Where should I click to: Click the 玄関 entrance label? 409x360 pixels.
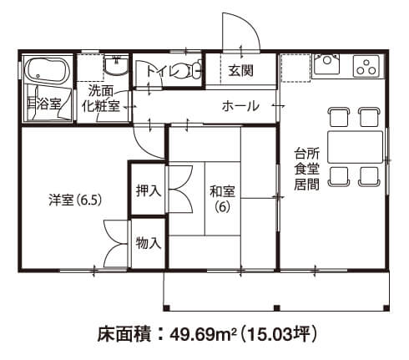click(x=241, y=70)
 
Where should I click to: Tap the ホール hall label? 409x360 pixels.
click(x=240, y=106)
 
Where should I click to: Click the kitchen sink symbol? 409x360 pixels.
click(x=326, y=63)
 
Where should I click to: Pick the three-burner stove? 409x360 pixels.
click(x=366, y=66)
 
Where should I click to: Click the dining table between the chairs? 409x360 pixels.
click(x=355, y=147)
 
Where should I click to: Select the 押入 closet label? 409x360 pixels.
click(x=149, y=191)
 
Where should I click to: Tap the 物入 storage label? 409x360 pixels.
click(x=149, y=243)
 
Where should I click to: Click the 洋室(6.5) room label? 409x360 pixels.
click(x=75, y=200)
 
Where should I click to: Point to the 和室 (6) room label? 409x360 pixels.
click(x=222, y=199)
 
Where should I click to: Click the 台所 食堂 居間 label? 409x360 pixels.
click(x=306, y=169)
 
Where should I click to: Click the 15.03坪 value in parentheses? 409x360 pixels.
click(x=278, y=334)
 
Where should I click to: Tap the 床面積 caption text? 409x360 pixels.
click(x=124, y=334)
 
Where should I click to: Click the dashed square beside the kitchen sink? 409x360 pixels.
click(x=295, y=68)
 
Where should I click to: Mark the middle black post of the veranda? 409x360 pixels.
click(x=276, y=307)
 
